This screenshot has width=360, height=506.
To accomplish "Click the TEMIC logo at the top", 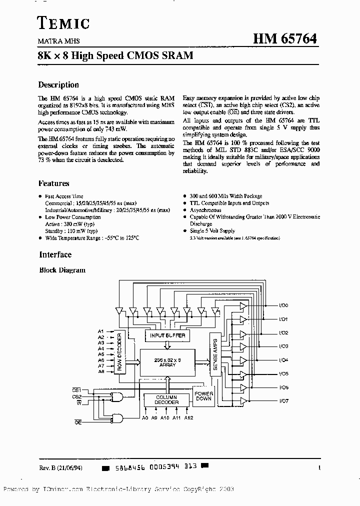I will click(x=63, y=22).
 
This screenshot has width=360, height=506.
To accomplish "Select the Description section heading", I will click(x=58, y=85).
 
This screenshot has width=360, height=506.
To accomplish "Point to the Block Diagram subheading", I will click(x=62, y=270).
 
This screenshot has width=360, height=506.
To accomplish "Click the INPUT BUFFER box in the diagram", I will click(x=167, y=335).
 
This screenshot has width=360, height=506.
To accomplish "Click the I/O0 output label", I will click(x=283, y=305).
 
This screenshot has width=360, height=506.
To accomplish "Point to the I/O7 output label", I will click(x=283, y=401).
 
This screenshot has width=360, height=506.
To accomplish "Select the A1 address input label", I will click(x=101, y=331).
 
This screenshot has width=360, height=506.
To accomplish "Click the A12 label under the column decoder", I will click(x=188, y=417).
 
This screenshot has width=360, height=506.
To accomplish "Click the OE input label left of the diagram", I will click(x=78, y=422).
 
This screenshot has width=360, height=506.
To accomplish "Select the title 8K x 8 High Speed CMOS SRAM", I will click(x=115, y=56).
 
